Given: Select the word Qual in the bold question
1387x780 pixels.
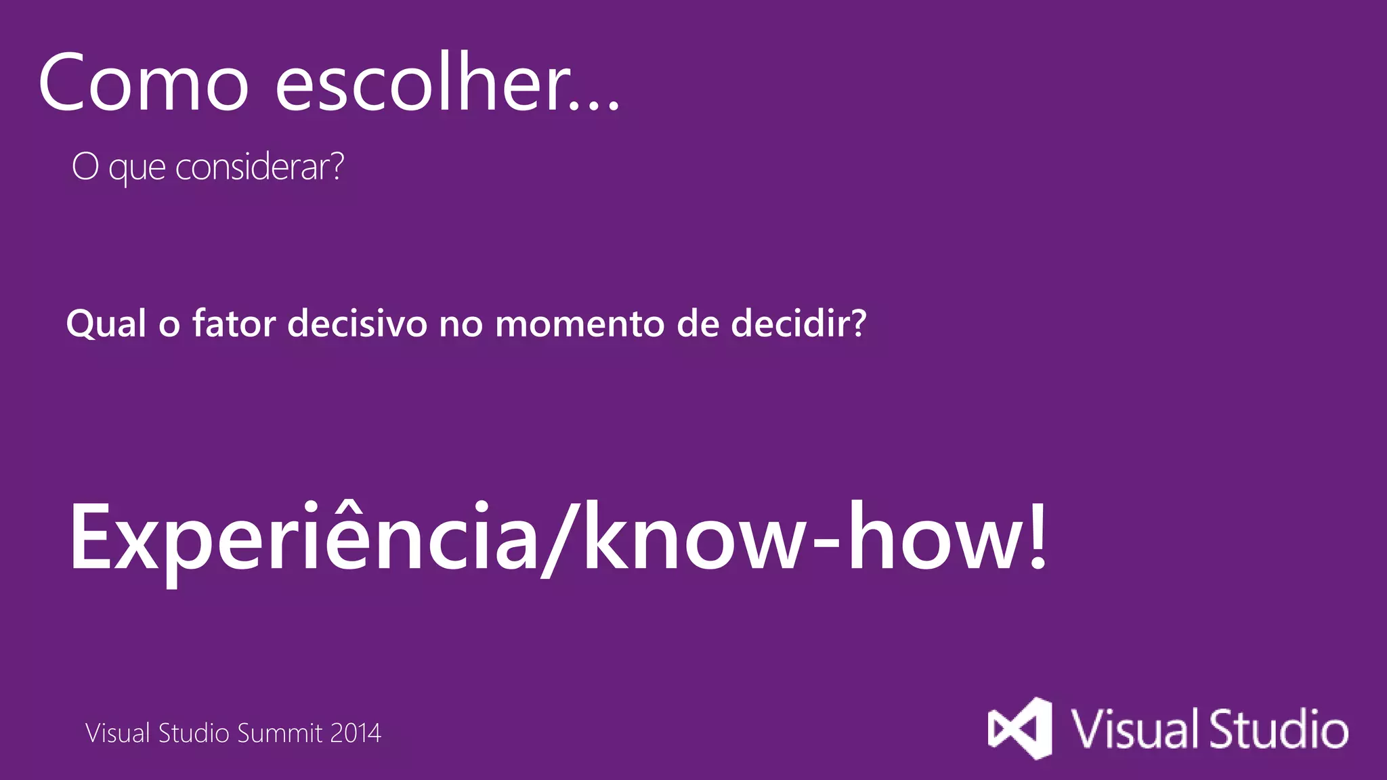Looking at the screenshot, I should tap(106, 323).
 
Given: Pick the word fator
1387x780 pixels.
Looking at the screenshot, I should tap(234, 323).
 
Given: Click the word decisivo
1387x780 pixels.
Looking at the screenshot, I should tap(358, 323).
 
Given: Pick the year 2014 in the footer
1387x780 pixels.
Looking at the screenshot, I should tap(356, 733).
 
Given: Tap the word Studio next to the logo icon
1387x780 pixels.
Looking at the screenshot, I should tap(1279, 729).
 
